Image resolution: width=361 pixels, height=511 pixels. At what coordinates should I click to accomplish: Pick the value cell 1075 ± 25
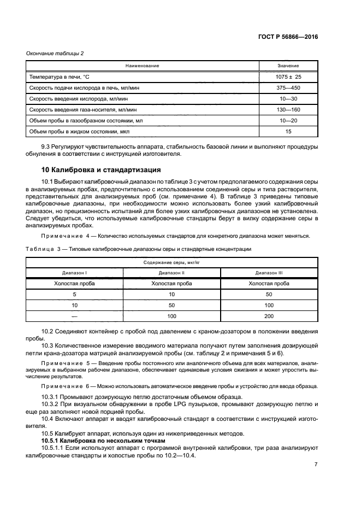288,77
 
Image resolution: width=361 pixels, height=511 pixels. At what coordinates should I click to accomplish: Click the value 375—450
288,87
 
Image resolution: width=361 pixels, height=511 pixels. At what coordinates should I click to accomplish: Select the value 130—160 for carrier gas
288,109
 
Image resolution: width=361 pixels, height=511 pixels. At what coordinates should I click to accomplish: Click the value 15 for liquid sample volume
288,131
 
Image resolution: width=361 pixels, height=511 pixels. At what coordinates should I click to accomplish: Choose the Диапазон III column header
269,272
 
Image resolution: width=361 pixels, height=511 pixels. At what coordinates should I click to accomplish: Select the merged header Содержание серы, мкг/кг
171,262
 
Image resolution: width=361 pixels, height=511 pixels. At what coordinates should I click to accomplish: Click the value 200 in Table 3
269,316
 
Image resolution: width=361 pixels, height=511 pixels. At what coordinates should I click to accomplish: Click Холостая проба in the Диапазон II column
171,283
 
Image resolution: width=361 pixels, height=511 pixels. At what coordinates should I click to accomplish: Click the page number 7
316,464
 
